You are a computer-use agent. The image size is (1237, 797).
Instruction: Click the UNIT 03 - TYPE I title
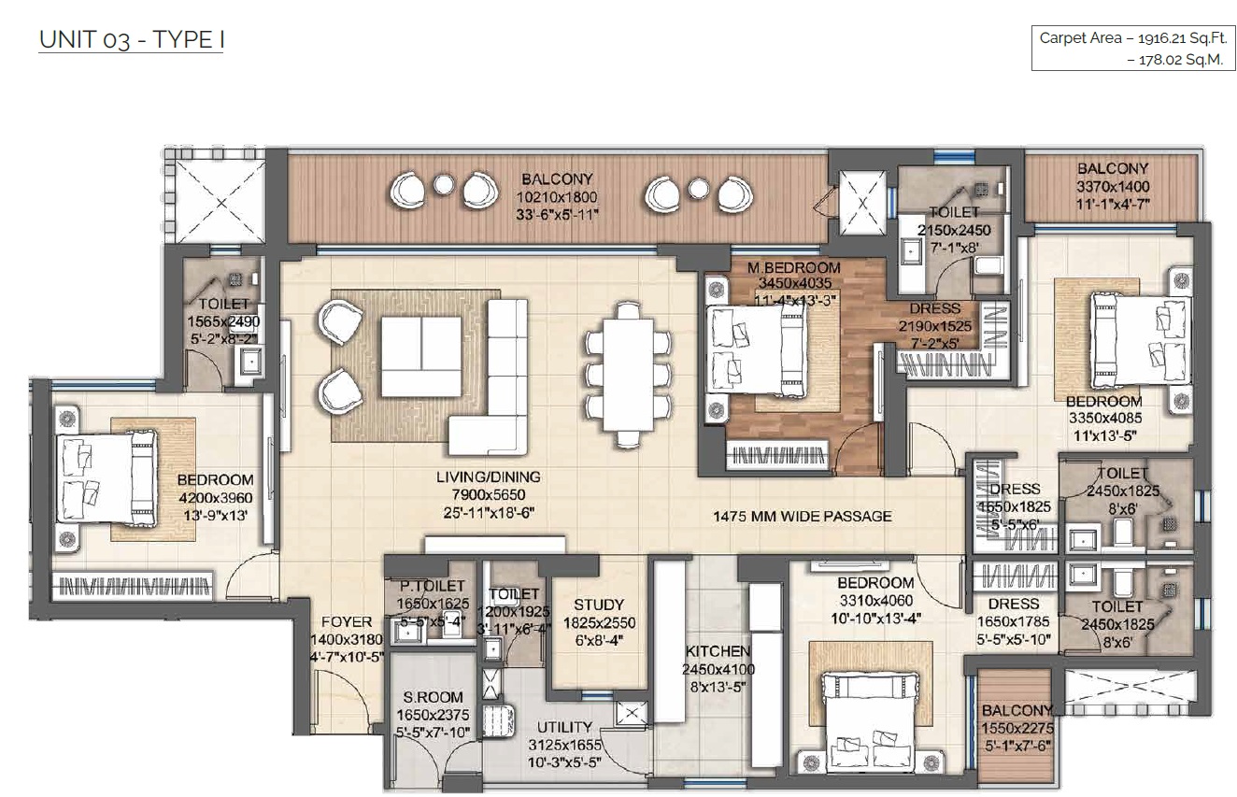tap(131, 40)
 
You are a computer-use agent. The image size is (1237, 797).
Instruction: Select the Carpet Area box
tap(1130, 49)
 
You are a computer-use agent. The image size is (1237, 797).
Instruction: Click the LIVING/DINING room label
tap(489, 477)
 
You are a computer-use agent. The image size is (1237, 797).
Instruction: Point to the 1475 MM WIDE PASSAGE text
tap(802, 516)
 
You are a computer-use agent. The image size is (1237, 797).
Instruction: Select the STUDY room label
tap(599, 605)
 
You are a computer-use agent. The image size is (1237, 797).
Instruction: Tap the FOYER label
tap(346, 622)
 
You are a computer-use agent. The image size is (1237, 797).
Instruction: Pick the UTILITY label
tap(564, 727)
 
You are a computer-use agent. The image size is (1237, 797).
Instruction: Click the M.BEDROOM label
tap(793, 268)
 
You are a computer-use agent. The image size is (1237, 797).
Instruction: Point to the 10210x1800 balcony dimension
tap(558, 197)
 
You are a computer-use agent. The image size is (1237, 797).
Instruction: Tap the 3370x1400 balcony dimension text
tap(1112, 186)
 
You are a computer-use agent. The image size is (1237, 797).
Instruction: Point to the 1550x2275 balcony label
tap(1017, 711)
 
